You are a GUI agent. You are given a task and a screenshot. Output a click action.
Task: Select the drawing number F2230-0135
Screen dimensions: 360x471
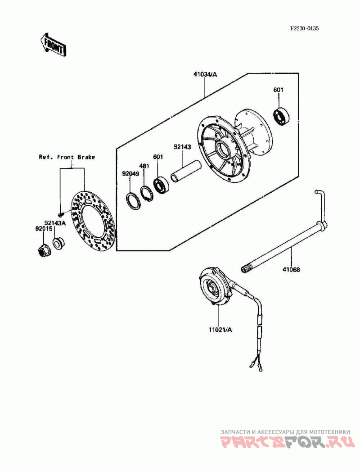(x=304, y=28)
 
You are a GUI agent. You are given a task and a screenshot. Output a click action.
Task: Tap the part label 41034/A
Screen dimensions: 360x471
(x=205, y=74)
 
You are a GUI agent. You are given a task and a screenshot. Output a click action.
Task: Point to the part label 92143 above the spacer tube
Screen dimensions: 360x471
(x=182, y=147)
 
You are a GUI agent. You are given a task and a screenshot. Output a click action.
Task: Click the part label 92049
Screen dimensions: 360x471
(x=130, y=174)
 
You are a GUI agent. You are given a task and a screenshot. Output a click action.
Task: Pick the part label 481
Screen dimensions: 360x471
(x=144, y=166)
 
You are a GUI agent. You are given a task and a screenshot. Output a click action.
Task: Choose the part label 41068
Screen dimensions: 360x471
(x=291, y=269)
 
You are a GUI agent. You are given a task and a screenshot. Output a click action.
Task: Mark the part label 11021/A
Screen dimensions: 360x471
(x=220, y=330)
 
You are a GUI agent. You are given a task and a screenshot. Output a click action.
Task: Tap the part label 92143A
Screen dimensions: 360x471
(x=55, y=223)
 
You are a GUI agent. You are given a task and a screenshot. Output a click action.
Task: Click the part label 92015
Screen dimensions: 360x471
(x=44, y=229)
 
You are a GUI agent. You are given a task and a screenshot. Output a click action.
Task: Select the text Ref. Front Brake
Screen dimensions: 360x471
(x=67, y=157)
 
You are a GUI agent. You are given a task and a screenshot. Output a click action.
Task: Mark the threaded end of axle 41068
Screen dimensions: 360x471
(x=247, y=268)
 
